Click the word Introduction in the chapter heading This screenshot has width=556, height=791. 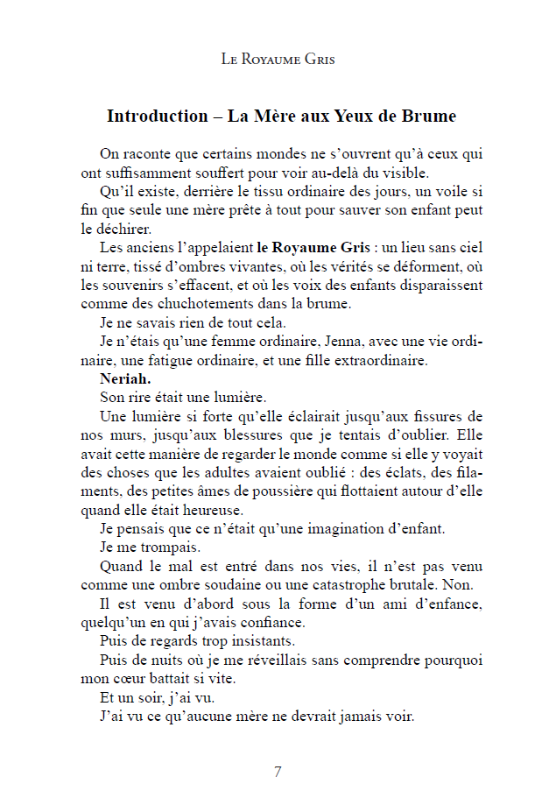[156, 116]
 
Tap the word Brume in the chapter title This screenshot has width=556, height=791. [425, 116]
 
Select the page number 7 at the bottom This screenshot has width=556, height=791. [278, 772]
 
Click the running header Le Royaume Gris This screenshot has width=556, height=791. [278, 60]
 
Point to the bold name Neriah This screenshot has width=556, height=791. [125, 378]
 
